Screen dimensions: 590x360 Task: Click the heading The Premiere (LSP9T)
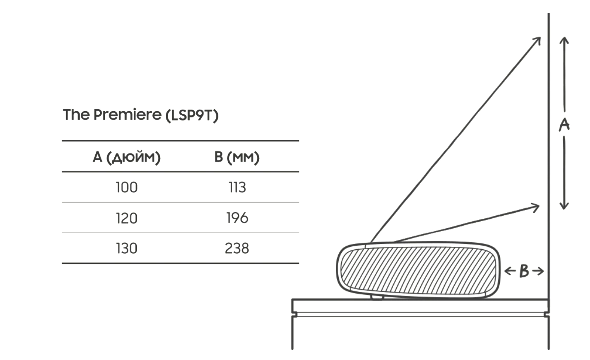coord(141,115)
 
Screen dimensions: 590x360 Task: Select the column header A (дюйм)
coord(126,157)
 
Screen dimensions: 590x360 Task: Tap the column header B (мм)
coord(237,157)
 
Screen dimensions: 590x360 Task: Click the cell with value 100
coord(126,187)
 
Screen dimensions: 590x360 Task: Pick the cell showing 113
coord(237,187)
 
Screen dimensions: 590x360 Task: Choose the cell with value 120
coord(126,218)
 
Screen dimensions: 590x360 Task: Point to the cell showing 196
coord(237,218)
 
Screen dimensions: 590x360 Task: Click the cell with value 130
coord(126,248)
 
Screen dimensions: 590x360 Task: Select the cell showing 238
coord(237,248)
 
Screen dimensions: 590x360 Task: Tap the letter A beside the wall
coord(564,125)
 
